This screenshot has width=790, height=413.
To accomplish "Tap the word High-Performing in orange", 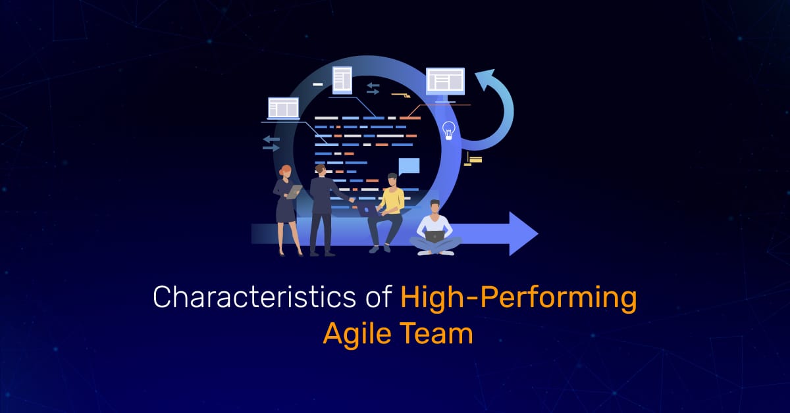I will click(x=519, y=298).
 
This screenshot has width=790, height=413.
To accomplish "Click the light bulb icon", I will click(x=450, y=130).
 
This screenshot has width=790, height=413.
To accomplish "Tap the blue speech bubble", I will click(x=408, y=166).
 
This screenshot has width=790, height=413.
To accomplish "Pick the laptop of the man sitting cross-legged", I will click(x=434, y=235).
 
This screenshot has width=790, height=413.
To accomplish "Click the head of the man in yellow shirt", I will click(x=392, y=180).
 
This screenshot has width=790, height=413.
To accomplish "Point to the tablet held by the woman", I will click(x=294, y=191).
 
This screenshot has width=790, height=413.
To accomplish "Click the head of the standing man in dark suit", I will click(x=321, y=170).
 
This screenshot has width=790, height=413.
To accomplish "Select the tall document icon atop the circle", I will click(x=342, y=80).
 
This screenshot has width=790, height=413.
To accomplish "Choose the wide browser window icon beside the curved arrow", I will click(x=445, y=81).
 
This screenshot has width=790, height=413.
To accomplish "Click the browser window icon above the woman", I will click(x=283, y=107).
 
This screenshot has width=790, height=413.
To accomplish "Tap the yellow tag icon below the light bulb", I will click(x=473, y=159).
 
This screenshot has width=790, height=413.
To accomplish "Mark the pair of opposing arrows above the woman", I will click(x=271, y=143).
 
